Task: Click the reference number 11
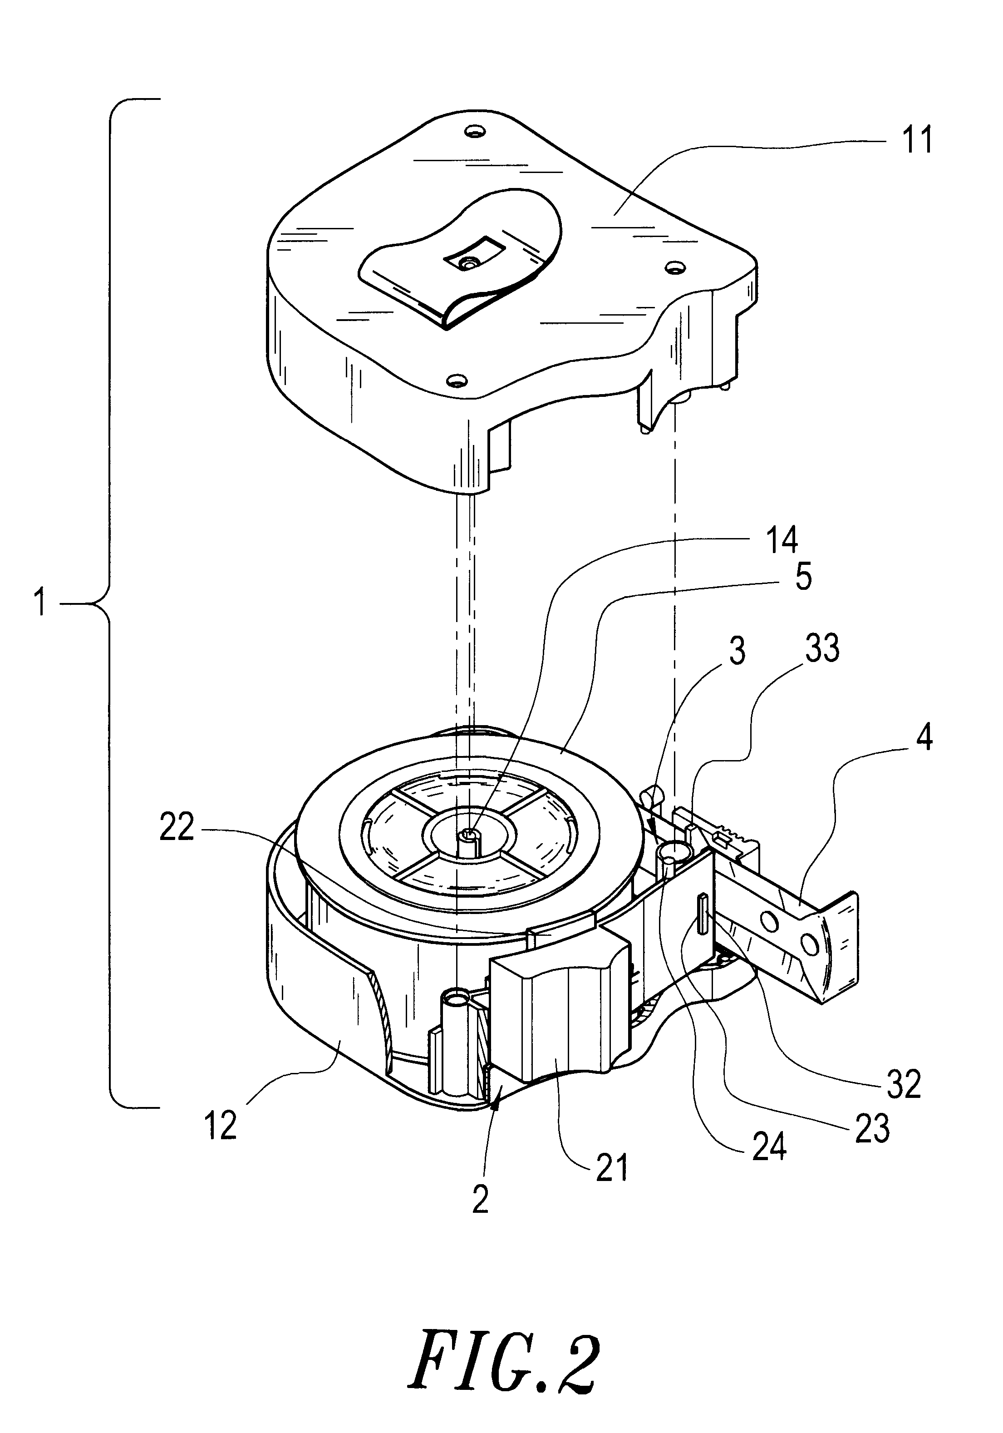[x=917, y=140]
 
